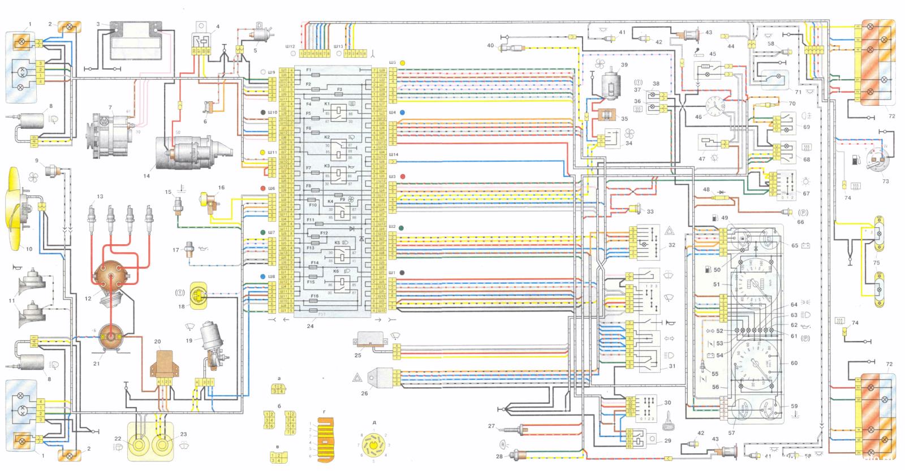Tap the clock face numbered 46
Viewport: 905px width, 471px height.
(x=716, y=107)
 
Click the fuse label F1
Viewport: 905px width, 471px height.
(x=309, y=70)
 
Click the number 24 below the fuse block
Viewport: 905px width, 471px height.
(x=309, y=326)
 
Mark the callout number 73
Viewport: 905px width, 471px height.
(x=885, y=182)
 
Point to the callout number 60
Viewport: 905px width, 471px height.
(x=794, y=363)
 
